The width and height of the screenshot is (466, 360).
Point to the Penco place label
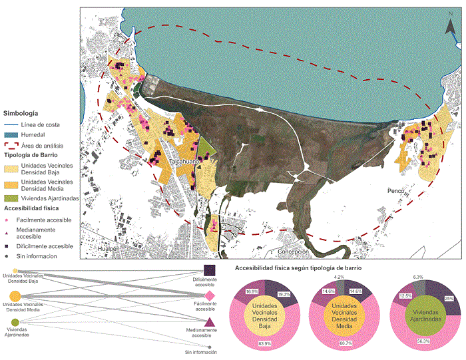click(x=397, y=191)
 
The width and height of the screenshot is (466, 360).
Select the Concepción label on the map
click(x=294, y=252)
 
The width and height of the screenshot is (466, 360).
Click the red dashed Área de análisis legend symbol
click(x=10, y=144)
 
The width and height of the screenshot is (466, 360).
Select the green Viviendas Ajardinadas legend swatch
click(x=10, y=199)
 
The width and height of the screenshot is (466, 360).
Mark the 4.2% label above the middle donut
click(x=339, y=276)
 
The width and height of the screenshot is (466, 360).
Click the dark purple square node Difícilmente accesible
click(x=209, y=270)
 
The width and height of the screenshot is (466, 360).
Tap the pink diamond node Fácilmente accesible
click(x=209, y=295)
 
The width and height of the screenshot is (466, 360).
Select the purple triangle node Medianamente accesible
click(x=209, y=323)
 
